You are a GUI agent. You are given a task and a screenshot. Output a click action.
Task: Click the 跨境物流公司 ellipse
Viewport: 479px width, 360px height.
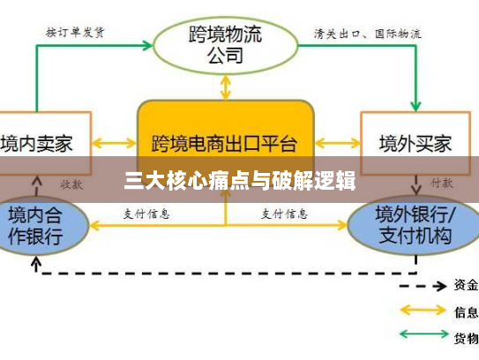tap(226, 45)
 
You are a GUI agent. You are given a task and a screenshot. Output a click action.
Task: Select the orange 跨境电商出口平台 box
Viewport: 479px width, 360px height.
tap(225, 140)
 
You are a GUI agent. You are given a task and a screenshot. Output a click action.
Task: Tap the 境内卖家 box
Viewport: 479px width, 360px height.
tap(36, 141)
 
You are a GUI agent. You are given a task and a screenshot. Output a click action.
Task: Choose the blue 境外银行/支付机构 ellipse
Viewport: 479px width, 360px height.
tap(413, 225)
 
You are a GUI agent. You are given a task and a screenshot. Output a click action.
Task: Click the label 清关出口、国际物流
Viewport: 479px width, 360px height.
tap(367, 34)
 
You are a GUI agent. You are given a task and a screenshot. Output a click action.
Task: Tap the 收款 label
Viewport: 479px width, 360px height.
tap(71, 184)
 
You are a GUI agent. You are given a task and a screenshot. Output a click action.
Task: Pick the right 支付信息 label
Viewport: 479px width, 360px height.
tap(285, 214)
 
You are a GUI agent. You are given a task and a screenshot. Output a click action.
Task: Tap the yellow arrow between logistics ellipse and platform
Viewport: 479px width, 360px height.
tap(226, 86)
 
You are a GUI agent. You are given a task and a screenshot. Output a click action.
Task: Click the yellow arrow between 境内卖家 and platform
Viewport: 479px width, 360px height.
tap(114, 141)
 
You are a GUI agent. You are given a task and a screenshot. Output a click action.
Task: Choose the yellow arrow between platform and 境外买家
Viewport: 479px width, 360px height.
tap(337, 141)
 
